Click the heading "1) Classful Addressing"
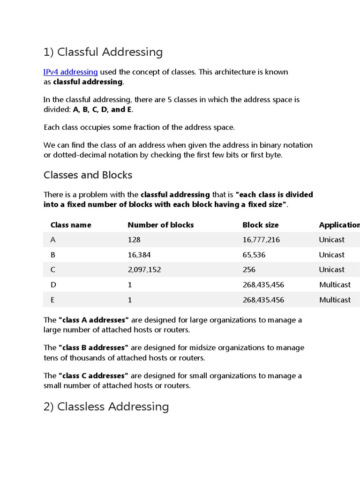click(x=103, y=52)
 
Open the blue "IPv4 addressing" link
click(x=70, y=72)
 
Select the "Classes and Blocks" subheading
click(x=88, y=175)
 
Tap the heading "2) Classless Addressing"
click(x=106, y=406)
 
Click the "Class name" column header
click(x=71, y=225)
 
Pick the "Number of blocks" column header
click(x=160, y=225)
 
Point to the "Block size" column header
click(x=260, y=225)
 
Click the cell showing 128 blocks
click(x=134, y=240)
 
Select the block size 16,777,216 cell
click(x=261, y=240)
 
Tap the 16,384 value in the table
click(x=139, y=255)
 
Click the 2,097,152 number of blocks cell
click(x=144, y=270)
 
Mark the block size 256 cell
click(x=249, y=270)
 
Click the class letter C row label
click(x=53, y=270)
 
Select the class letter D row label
click(x=53, y=285)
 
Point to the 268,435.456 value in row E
click(x=263, y=300)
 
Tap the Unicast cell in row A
click(x=331, y=240)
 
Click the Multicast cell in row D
click(x=335, y=285)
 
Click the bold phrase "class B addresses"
click(x=93, y=348)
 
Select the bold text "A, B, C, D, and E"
click(x=103, y=110)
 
